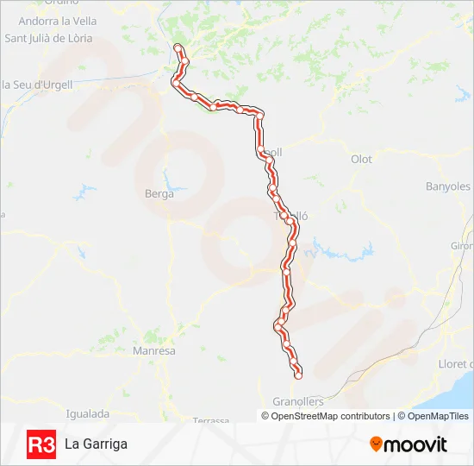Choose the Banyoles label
[x=448, y=186]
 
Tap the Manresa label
[x=154, y=351]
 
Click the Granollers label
[x=297, y=402]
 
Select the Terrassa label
[x=212, y=420]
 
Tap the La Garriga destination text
[x=96, y=444]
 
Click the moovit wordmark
[x=415, y=444]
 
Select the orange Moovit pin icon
[x=376, y=444]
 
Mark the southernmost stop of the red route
[x=298, y=375]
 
